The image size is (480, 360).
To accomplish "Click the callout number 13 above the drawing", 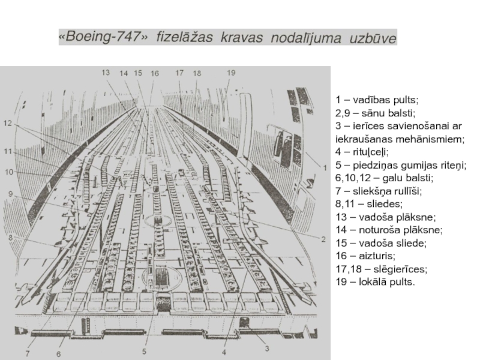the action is coord(106,72).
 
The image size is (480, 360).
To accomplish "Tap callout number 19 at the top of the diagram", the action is coord(232,72).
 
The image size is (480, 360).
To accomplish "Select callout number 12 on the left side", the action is coord(7,123).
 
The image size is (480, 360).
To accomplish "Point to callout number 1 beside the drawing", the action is coord(325,166).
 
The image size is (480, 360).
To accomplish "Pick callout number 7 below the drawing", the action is coord(27,354).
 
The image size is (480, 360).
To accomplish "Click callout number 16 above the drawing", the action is coord(155,73).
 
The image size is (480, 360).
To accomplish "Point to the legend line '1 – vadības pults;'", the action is coord(377,100).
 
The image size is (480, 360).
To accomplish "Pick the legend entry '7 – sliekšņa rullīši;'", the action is coord(379,191).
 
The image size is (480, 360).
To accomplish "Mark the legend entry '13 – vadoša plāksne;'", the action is coord(386,217).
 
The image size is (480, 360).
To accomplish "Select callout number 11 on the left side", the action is coord(7,152).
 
